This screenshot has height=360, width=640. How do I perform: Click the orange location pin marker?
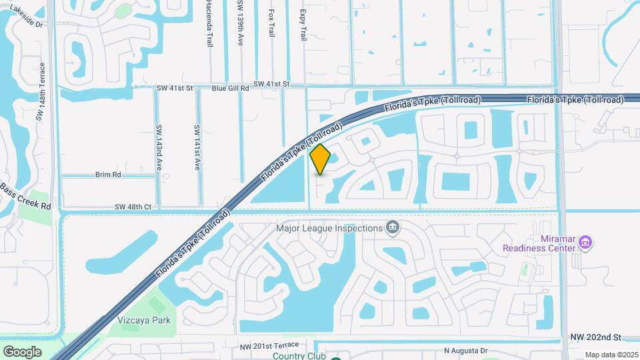tap(321, 159)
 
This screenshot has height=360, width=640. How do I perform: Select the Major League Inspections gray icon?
tap(393, 229)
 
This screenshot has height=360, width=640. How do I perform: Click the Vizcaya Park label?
tap(144, 320)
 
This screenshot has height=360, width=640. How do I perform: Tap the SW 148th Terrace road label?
tap(43, 92)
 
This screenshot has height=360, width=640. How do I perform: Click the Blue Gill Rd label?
tap(230, 87)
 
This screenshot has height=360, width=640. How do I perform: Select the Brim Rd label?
tap(108, 175)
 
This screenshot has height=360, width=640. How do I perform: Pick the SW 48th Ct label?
tap(133, 207)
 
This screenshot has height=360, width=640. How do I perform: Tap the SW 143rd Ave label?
tap(159, 147)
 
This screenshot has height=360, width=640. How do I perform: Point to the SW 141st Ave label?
tap(197, 147)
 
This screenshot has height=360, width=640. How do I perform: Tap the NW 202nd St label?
tap(595, 338)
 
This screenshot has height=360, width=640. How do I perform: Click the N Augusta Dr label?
tap(466, 351)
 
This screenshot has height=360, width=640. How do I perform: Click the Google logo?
tap(22, 351)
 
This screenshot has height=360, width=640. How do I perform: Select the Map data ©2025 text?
tap(611, 355)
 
